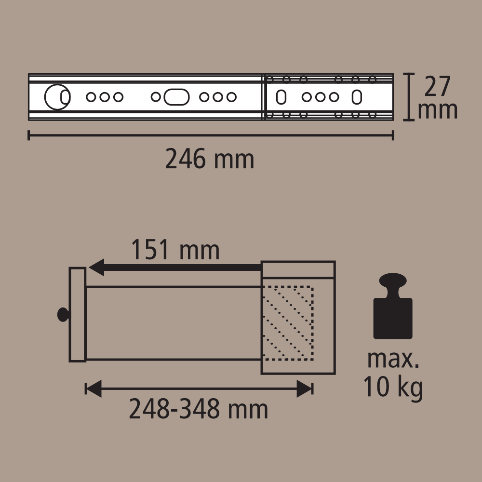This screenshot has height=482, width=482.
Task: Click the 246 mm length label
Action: point(210,159)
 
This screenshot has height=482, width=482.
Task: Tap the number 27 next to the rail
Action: point(437,86)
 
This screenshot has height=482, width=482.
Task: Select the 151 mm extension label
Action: point(175,250)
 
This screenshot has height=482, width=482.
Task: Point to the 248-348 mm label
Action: point(199,409)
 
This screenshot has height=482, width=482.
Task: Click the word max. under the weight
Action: point(393,359)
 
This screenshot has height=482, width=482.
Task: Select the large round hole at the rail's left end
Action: point(57,97)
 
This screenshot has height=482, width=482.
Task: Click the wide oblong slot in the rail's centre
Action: point(176,97)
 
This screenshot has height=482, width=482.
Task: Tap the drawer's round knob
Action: point(64,314)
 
